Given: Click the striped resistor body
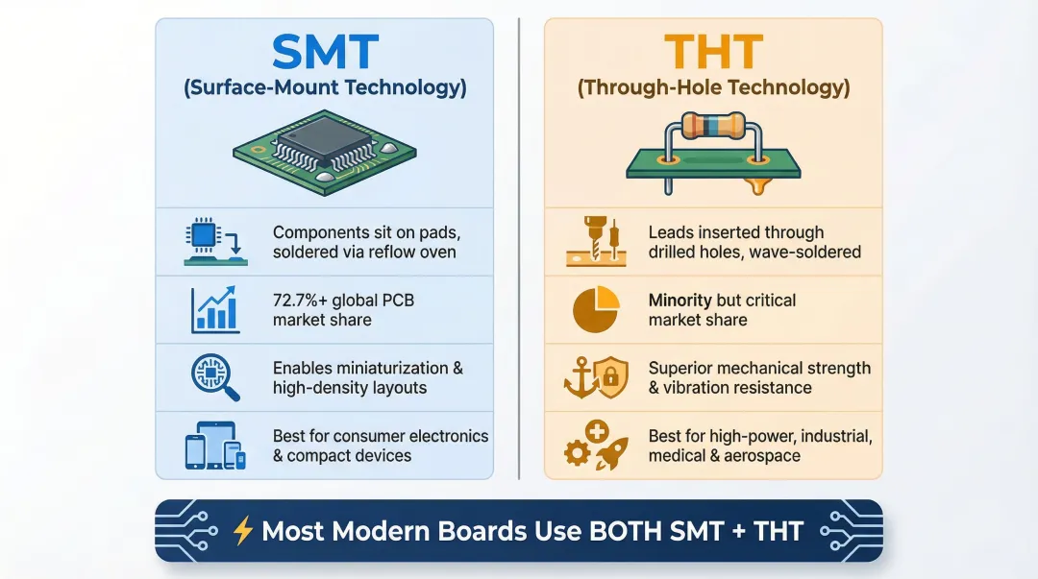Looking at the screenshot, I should coord(713,125).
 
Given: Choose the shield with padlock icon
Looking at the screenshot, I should coord(611,375).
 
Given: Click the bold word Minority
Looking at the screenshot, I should coord(680,301).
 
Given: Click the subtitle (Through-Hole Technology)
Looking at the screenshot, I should coord(712,88).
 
